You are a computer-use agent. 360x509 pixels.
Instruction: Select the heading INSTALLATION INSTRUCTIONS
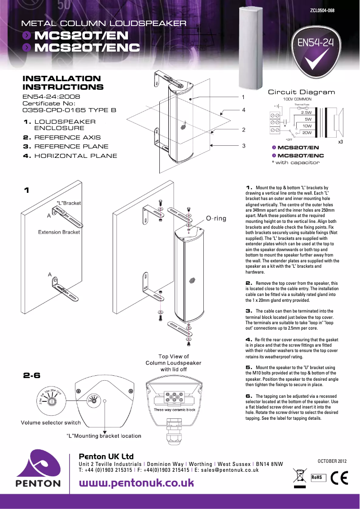63,83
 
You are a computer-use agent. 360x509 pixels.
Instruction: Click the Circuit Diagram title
301,92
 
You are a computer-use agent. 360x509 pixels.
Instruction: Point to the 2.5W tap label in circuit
307,113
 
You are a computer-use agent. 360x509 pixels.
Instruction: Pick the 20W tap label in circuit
307,133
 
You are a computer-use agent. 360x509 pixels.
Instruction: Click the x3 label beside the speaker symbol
340,141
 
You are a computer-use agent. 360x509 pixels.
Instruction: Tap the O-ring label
216,218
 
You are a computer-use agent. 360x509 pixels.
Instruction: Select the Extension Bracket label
59,232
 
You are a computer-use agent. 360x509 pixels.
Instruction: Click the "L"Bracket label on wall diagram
68,203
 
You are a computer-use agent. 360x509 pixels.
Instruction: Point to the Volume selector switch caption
51,422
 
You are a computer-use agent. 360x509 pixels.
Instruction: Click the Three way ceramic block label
174,410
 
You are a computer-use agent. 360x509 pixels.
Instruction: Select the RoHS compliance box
318,478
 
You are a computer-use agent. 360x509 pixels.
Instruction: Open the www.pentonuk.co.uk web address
136,483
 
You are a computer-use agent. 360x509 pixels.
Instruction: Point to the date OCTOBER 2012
332,461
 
